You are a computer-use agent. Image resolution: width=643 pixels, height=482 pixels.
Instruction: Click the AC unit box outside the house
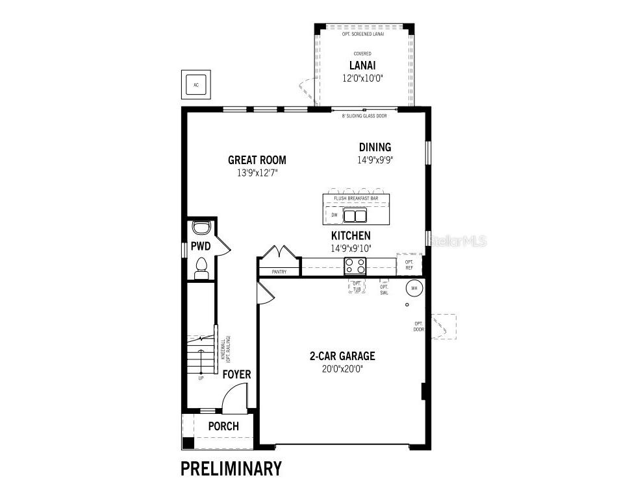tap(195, 84)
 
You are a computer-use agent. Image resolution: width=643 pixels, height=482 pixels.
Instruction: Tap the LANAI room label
tap(363, 65)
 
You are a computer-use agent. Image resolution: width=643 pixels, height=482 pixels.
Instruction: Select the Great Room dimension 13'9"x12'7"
tap(257, 173)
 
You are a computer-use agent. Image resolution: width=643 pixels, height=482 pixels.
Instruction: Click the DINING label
tap(375, 147)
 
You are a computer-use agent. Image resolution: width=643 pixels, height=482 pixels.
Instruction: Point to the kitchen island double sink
tap(355, 215)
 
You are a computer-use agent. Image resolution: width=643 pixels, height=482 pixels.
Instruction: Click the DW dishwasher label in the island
tap(334, 215)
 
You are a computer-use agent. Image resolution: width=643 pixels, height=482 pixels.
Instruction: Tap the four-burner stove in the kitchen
tap(355, 265)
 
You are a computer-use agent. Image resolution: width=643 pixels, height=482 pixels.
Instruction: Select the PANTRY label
tap(279, 272)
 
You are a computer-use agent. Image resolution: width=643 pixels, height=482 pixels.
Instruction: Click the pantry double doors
tap(279, 252)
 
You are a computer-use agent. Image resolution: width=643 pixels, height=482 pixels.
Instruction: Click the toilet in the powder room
tap(201, 268)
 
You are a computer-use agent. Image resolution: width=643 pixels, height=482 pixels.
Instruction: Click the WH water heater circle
tap(413, 287)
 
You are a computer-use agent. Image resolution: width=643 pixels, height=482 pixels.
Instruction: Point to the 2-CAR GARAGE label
tap(342, 356)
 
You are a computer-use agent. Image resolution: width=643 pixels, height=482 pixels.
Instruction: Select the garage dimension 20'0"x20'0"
tap(342, 368)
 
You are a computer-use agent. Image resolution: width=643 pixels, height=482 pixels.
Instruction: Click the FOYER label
tap(236, 375)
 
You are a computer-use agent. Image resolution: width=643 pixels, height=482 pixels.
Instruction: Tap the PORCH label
tap(223, 426)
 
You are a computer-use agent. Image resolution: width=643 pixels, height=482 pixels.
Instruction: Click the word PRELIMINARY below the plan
tap(231, 468)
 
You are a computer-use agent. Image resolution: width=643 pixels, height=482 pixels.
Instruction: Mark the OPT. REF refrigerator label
tap(409, 264)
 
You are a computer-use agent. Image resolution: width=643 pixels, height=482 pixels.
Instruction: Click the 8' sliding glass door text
tap(364, 116)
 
